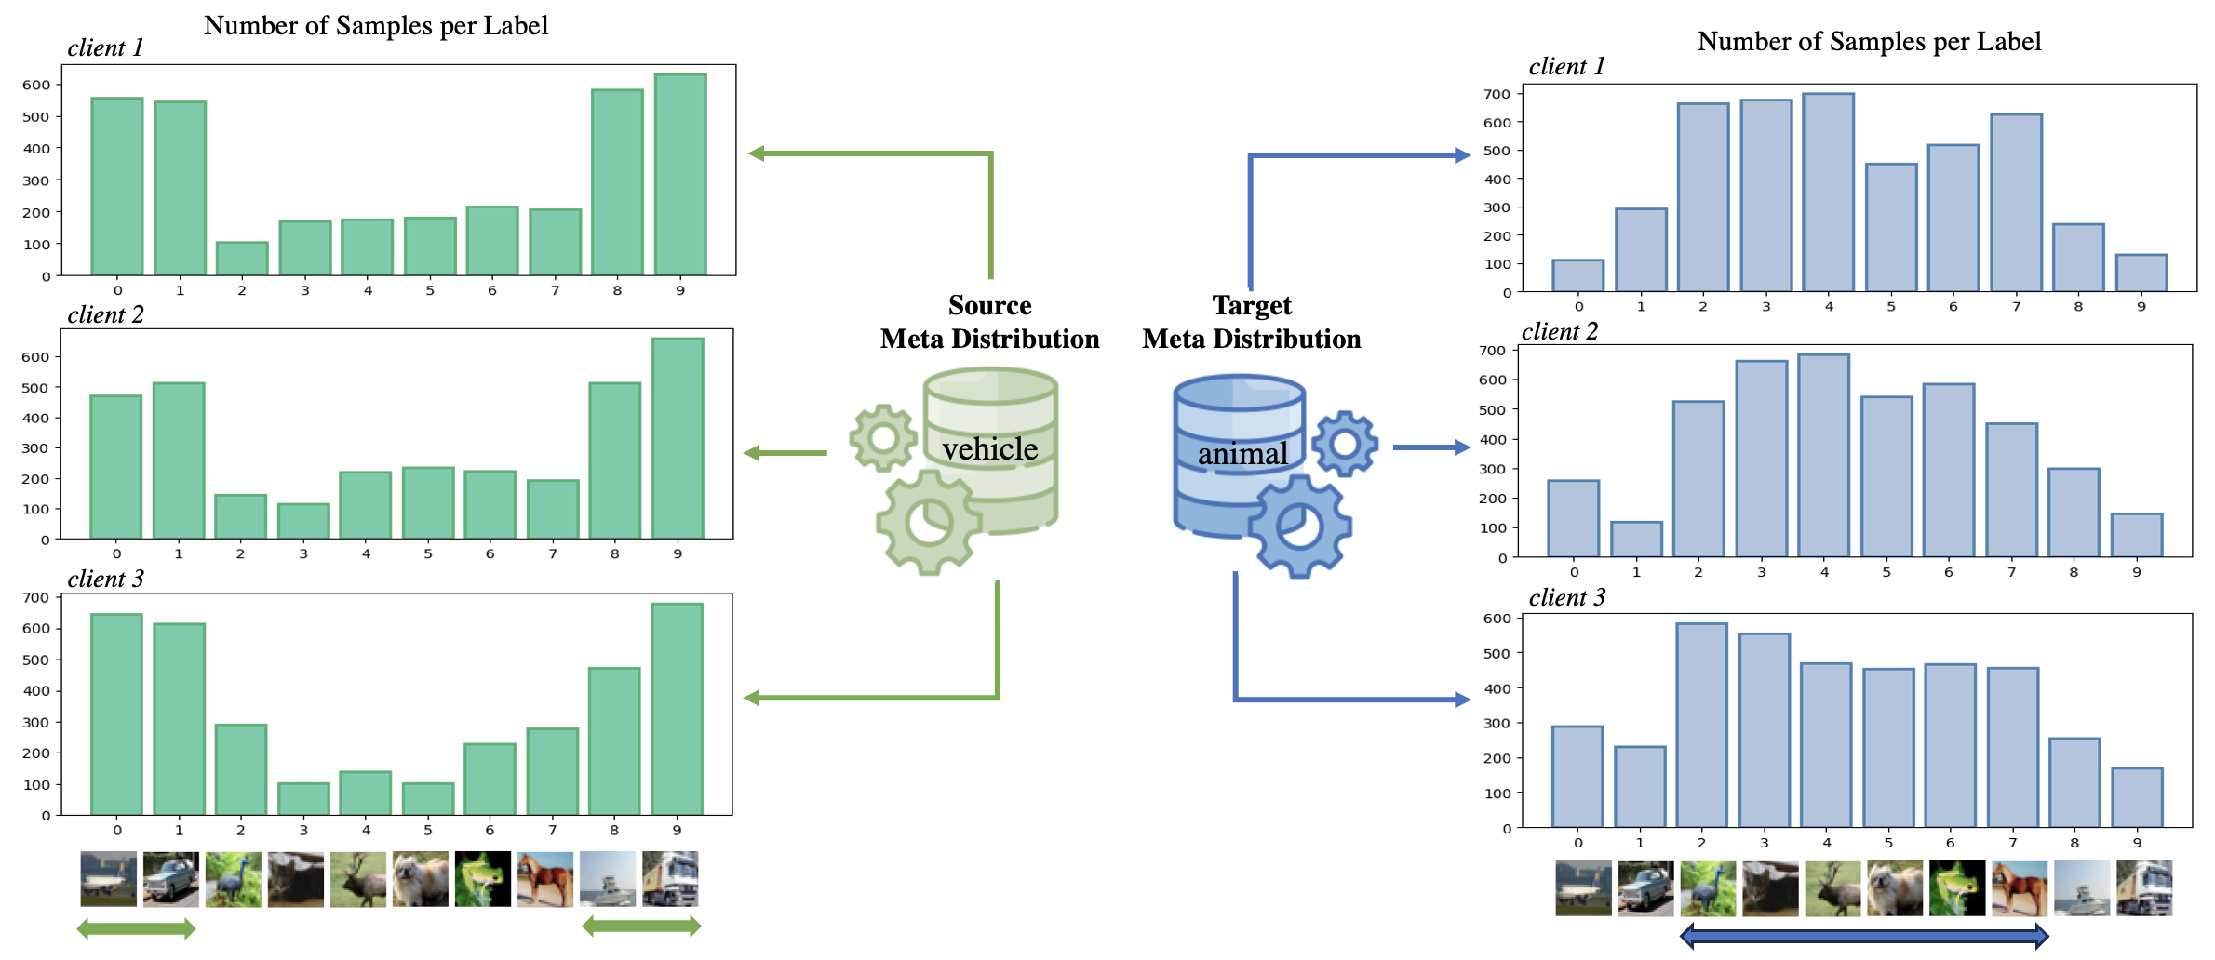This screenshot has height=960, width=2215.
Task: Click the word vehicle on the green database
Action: point(989,449)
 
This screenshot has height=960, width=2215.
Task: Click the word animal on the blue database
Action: point(1242,454)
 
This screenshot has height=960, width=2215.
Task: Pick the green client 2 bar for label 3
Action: point(303,521)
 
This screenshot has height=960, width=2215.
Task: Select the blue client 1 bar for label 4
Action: point(1828,193)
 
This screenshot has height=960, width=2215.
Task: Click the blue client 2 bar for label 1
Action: point(1636,540)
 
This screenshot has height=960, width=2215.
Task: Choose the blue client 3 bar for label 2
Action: point(1701,726)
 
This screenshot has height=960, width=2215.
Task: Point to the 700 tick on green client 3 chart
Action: point(36,597)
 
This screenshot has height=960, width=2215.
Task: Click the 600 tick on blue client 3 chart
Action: point(1497,618)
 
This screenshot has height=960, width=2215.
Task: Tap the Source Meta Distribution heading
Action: point(989,322)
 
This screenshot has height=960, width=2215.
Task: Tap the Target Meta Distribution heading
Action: point(1252,322)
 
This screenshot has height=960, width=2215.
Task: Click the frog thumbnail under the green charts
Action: point(482,879)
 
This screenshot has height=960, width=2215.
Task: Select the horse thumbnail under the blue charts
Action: point(2019,888)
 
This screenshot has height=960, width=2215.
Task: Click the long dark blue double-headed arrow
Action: point(1864,936)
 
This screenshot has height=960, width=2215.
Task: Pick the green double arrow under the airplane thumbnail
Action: point(136,927)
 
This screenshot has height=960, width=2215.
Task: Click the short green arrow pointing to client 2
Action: point(785,453)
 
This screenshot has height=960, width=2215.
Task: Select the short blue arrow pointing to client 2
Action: point(1430,447)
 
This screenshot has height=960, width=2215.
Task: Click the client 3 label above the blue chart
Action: point(1566,597)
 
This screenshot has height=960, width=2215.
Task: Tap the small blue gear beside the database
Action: point(1345,444)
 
